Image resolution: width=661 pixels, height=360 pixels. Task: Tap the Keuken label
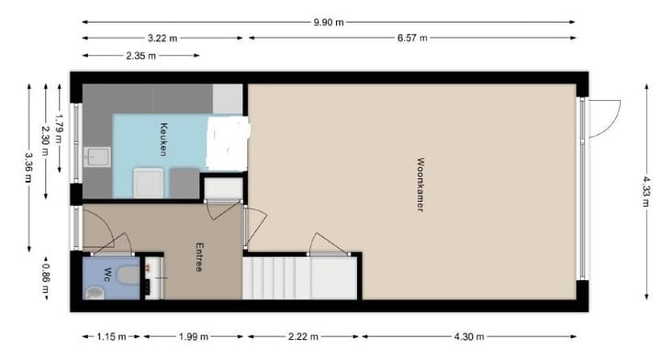[162, 139]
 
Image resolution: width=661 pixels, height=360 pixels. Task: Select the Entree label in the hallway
[198, 257]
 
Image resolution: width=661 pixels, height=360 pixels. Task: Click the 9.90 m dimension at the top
[329, 21]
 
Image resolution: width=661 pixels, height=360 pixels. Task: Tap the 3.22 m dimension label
[162, 38]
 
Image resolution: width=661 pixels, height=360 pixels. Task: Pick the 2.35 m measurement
[140, 55]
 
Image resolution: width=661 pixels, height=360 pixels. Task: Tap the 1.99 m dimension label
[192, 336]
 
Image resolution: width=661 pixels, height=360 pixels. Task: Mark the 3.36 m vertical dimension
[28, 167]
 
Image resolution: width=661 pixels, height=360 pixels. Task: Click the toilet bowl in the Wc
[95, 291]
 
